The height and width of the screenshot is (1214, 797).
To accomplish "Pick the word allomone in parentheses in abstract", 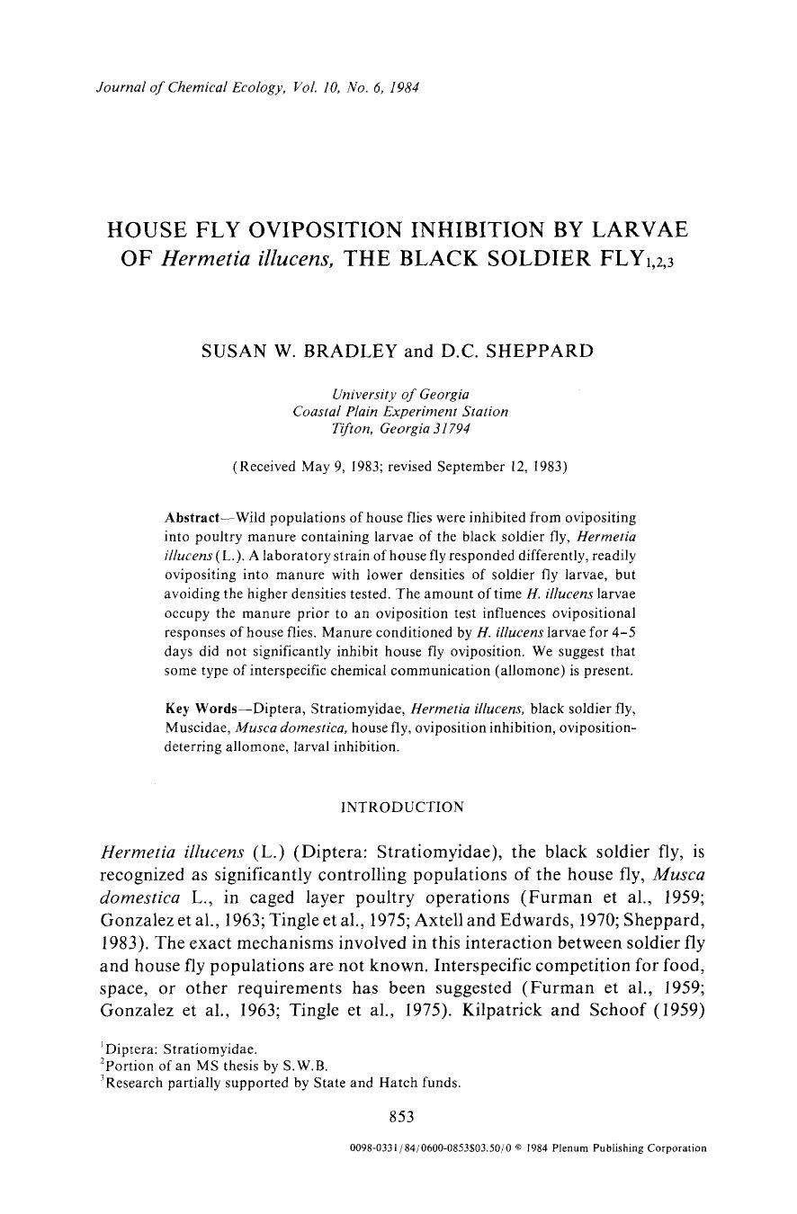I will (x=601, y=672).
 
